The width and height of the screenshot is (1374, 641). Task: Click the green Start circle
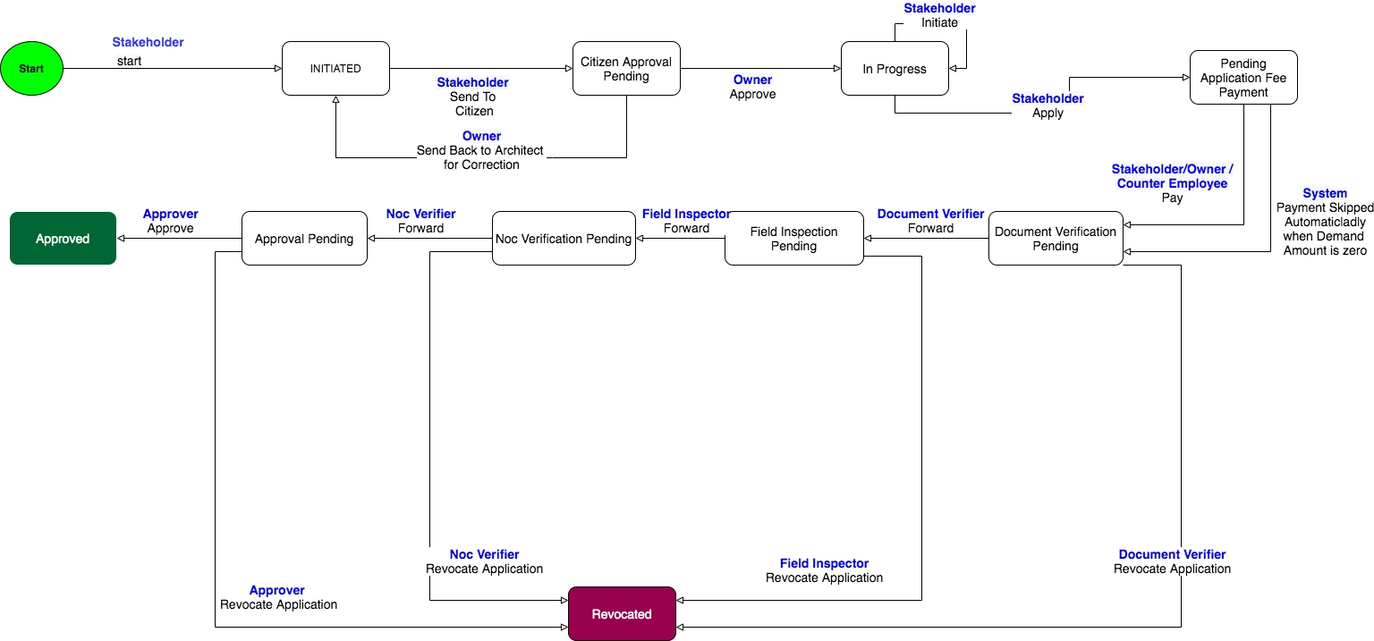(32, 69)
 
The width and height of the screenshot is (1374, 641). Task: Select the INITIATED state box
(335, 69)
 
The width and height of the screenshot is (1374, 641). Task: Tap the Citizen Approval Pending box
(626, 69)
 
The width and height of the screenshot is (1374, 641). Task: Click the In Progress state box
(895, 69)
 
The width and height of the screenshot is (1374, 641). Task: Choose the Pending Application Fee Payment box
(1243, 78)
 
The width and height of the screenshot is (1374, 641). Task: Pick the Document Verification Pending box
(1056, 239)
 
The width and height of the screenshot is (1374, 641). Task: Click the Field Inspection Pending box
(793, 239)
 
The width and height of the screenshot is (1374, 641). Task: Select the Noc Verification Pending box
(564, 239)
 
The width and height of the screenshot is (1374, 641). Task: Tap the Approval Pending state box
(304, 239)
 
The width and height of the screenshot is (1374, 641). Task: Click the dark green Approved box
(63, 239)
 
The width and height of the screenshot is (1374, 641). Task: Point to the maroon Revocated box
(622, 614)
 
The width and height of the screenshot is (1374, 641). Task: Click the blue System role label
(1325, 193)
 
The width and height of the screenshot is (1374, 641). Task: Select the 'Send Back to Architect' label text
(480, 150)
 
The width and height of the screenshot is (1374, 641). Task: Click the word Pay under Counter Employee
(1172, 198)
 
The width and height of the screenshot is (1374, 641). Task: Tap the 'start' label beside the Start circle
(129, 61)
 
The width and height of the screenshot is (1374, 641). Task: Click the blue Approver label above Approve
(170, 215)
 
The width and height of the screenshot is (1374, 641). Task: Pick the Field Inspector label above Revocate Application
(824, 563)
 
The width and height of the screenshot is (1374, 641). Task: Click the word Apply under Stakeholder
(1047, 114)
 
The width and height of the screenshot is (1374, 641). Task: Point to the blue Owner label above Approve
(752, 80)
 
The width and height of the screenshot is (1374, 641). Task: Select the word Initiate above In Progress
(939, 22)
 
